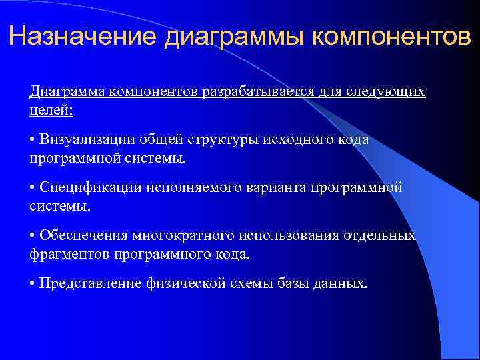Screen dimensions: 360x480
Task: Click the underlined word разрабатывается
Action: [253, 91]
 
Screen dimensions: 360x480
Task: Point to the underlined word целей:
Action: [51, 109]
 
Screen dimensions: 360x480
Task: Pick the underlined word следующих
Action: [386, 91]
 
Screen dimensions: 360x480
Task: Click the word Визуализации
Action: [89, 139]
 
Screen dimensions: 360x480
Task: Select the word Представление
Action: [91, 283]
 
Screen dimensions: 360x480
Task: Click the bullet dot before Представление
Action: [33, 284]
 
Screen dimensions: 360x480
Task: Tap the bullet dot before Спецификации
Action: [33, 188]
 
